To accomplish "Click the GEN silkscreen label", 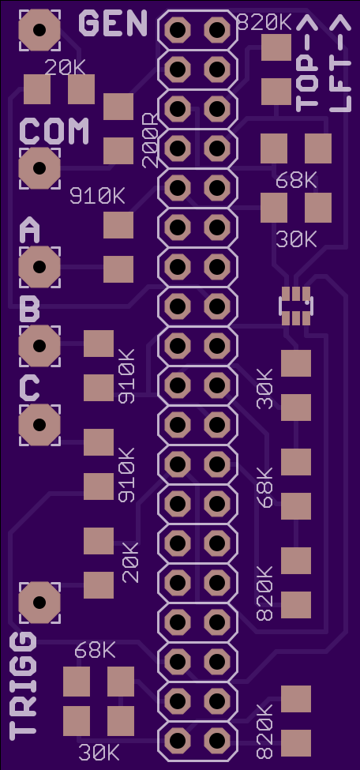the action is (x=113, y=23).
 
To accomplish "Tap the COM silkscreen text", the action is (x=54, y=131).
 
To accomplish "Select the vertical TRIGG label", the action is (x=23, y=686).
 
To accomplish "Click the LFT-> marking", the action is (x=340, y=63).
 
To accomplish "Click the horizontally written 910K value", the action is (x=97, y=197).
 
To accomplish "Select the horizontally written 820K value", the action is (x=264, y=23).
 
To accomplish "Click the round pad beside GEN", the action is (x=39, y=30).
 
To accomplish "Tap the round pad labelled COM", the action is (x=39, y=168).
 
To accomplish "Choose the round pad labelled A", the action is (x=39, y=267).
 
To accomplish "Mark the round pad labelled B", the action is (x=39, y=346).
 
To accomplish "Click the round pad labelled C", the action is (x=39, y=425).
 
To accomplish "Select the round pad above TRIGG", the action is (x=39, y=603).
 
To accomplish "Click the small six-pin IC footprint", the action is (x=295, y=306).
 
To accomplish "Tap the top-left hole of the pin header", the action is (x=178, y=30).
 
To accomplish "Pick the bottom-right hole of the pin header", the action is (x=217, y=741).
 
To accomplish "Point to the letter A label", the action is (x=30, y=231).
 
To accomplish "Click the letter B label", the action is (x=30, y=310).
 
